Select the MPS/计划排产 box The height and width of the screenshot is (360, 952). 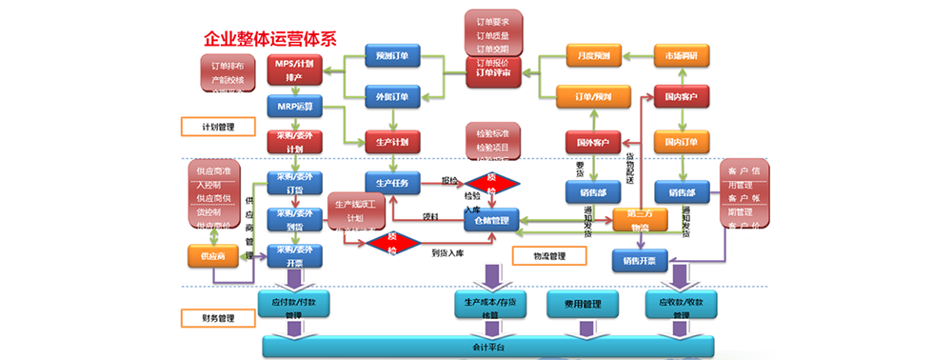tap(294, 69)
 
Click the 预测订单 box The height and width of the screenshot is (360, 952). tap(392, 56)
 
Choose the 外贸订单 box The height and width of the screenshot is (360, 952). tap(392, 96)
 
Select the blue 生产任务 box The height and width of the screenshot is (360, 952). tap(392, 182)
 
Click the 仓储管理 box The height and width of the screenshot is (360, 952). tap(492, 221)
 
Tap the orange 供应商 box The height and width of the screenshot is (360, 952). tap(212, 256)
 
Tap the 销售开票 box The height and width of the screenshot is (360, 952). tap(640, 259)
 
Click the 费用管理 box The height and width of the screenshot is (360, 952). tap(580, 304)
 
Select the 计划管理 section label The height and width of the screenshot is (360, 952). tap(207, 127)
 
